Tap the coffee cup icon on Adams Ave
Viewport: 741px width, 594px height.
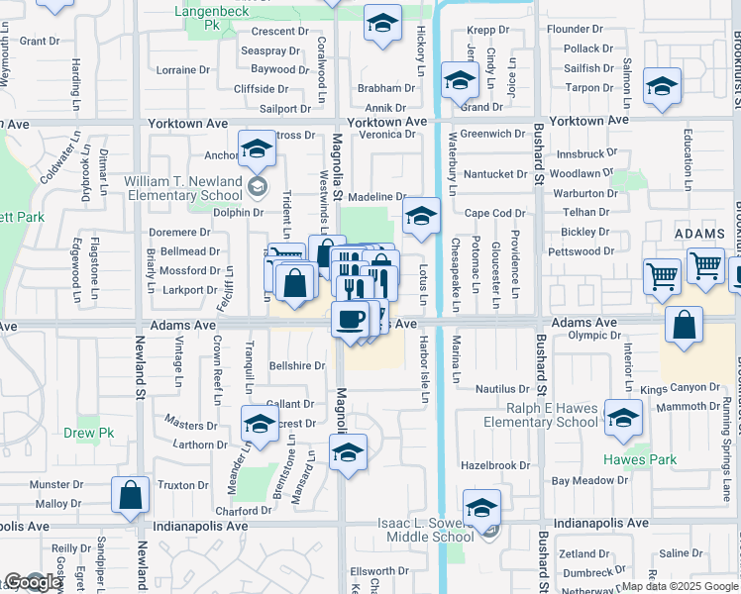350,320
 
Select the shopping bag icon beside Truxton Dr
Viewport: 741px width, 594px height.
130,494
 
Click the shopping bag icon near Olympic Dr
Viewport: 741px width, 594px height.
685,325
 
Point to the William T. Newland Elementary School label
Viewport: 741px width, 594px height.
183,188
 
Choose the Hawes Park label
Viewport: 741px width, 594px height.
640,459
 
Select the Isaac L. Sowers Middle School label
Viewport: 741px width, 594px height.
426,530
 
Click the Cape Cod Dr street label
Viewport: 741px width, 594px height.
495,213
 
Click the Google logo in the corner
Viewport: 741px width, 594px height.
33,582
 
